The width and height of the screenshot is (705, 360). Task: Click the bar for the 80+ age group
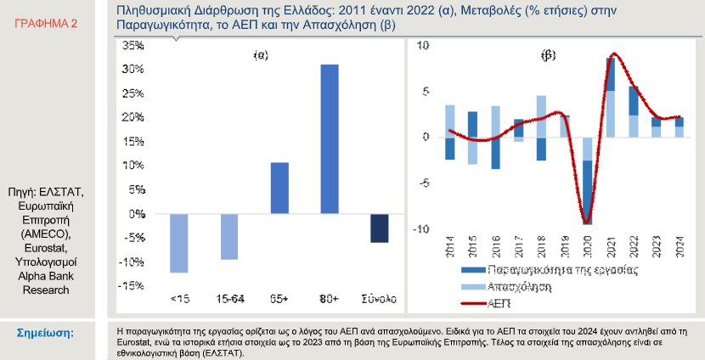tap(329, 139)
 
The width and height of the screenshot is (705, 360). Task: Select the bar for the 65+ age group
tap(279, 188)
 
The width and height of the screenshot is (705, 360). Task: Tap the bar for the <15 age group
tap(178, 243)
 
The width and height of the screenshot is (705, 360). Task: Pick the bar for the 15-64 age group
tap(229, 236)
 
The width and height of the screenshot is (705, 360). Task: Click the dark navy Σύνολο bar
tap(380, 228)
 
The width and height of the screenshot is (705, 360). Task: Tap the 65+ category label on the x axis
tap(279, 298)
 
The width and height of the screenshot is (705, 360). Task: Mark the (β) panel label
tap(549, 56)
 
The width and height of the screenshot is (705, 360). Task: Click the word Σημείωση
tap(45, 332)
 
